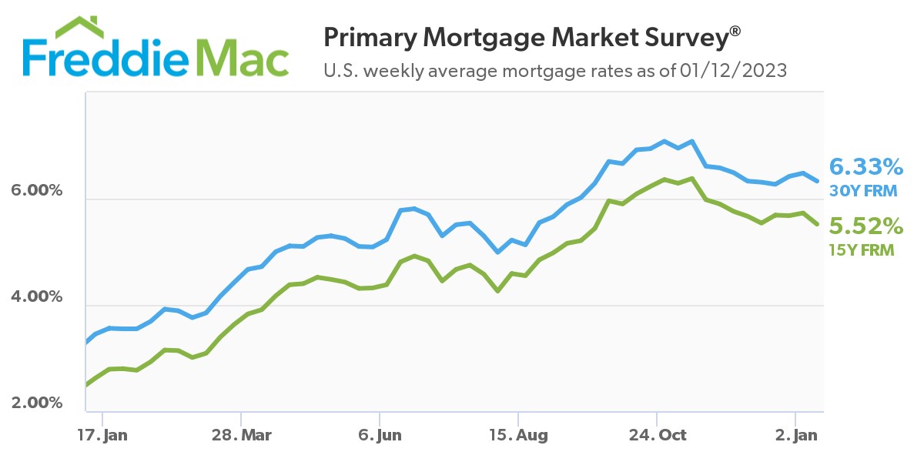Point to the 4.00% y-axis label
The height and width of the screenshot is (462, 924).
(x=35, y=296)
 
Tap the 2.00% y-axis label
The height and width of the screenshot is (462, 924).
(x=35, y=403)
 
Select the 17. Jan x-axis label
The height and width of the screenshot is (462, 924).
(x=103, y=436)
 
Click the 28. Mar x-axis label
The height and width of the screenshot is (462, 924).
(x=240, y=436)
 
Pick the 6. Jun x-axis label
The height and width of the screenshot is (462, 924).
(x=380, y=436)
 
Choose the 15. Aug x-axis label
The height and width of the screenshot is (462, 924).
(x=518, y=436)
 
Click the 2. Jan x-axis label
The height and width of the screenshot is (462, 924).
(x=795, y=436)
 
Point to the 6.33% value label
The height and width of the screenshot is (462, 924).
(x=865, y=166)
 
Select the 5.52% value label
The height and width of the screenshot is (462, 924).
(x=865, y=226)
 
